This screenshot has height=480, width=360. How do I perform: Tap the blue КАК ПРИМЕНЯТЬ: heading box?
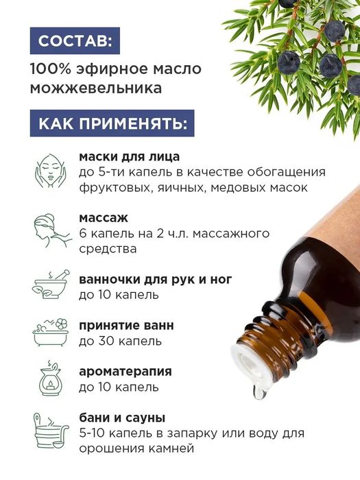click(112, 124)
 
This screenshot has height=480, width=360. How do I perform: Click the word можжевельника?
click(96, 88)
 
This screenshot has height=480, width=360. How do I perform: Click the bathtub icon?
click(50, 332)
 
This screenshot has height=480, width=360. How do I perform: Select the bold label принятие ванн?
click(126, 325)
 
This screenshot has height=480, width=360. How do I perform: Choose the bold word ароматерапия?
click(125, 372)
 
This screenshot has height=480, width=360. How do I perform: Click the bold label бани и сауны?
click(122, 418)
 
